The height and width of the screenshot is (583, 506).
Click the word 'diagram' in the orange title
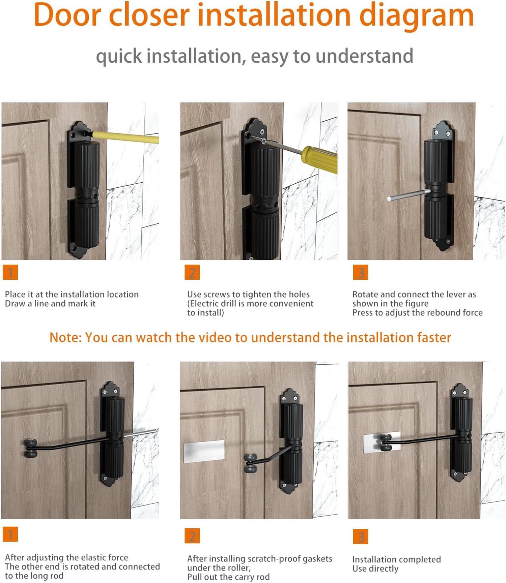(x=416, y=15)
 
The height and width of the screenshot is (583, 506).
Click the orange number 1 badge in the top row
(x=10, y=272)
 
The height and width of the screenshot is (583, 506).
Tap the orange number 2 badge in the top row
(x=192, y=272)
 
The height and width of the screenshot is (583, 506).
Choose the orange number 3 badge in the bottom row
(x=360, y=536)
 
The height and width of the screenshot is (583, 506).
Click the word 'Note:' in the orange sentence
(x=65, y=337)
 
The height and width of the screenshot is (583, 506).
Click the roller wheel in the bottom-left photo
(x=30, y=448)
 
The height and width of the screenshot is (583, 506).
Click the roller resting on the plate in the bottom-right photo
(x=386, y=442)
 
